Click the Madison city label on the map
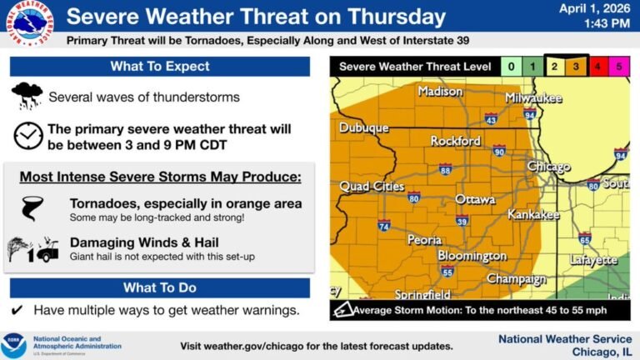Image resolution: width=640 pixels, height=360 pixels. [440, 92]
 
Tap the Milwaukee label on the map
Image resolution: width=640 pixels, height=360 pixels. [533, 98]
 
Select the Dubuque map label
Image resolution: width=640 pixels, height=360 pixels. [363, 128]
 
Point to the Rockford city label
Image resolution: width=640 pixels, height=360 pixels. [455, 142]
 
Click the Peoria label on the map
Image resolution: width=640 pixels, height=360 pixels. [424, 240]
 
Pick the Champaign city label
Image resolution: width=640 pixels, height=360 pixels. [517, 277]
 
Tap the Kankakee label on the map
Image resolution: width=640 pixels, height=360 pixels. [533, 215]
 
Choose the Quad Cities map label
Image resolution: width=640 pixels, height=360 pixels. [372, 187]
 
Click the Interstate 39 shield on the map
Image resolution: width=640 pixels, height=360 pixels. [462, 220]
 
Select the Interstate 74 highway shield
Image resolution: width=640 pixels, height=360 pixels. [383, 226]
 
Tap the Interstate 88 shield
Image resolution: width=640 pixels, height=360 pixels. [445, 169]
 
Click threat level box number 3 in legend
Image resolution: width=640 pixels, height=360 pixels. [575, 66]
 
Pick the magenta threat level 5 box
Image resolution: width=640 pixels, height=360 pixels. [617, 66]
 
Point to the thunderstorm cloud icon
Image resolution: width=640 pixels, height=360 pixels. [27, 96]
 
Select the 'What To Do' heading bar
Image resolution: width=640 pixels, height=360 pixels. [160, 287]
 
